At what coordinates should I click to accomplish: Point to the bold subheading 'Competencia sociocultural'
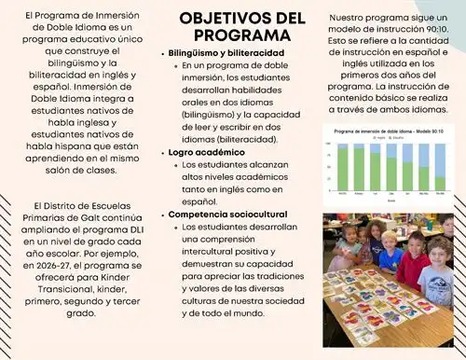[x=227, y=214]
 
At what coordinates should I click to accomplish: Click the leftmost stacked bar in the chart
[x=343, y=169]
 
